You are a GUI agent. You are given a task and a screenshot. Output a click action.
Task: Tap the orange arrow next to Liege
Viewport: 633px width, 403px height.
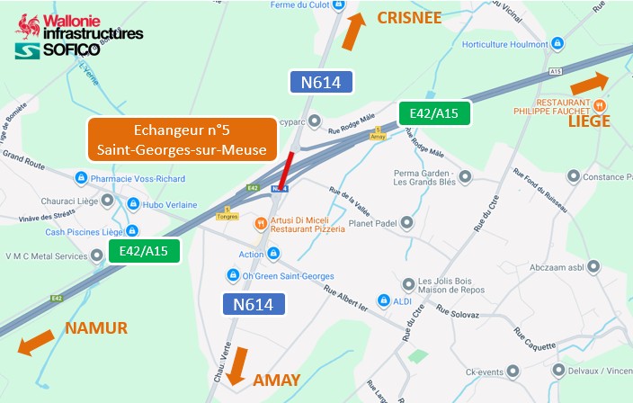tap(590, 85)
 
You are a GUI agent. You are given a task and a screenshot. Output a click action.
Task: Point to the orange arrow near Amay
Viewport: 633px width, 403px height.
tap(238, 366)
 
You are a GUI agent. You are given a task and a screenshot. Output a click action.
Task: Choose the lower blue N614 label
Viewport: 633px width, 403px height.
tap(253, 304)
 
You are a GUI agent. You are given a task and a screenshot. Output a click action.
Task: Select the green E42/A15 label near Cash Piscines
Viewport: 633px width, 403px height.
tap(145, 250)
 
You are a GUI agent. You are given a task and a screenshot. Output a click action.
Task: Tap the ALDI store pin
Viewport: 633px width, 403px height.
tap(383, 300)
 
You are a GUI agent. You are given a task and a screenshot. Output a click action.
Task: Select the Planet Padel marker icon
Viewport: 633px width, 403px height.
tap(406, 222)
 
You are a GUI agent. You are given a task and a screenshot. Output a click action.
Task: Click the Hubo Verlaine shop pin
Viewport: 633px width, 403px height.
tap(133, 204)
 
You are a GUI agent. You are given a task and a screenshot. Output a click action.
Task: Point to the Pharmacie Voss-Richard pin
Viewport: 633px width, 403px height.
tap(81, 178)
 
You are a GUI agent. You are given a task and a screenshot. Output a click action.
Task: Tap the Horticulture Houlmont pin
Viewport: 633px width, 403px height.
tap(557, 43)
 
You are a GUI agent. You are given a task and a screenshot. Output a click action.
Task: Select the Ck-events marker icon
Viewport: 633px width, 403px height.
tap(512, 371)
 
